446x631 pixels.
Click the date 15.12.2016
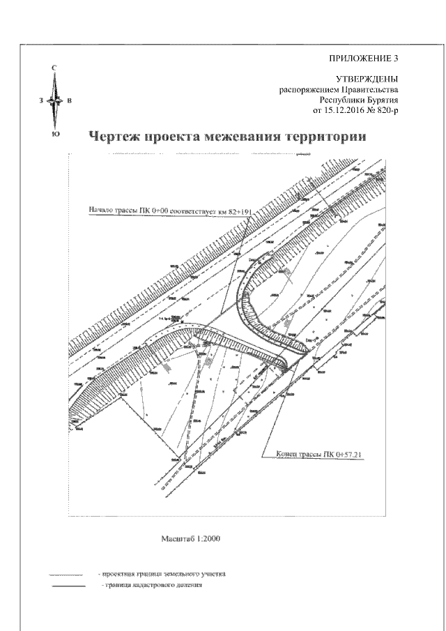pos(349,110)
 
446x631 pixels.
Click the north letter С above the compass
pos(55,70)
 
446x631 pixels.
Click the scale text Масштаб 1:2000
pos(191,539)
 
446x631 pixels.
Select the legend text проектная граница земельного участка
pos(162,575)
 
